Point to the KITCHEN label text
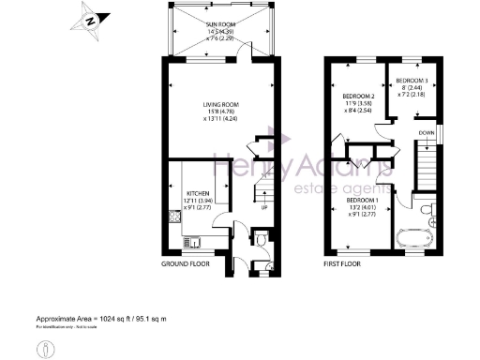click(183, 192)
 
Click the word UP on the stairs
click(263, 206)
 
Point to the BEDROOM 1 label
click(362, 201)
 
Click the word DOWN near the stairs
click(426, 133)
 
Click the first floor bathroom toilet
click(427, 209)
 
